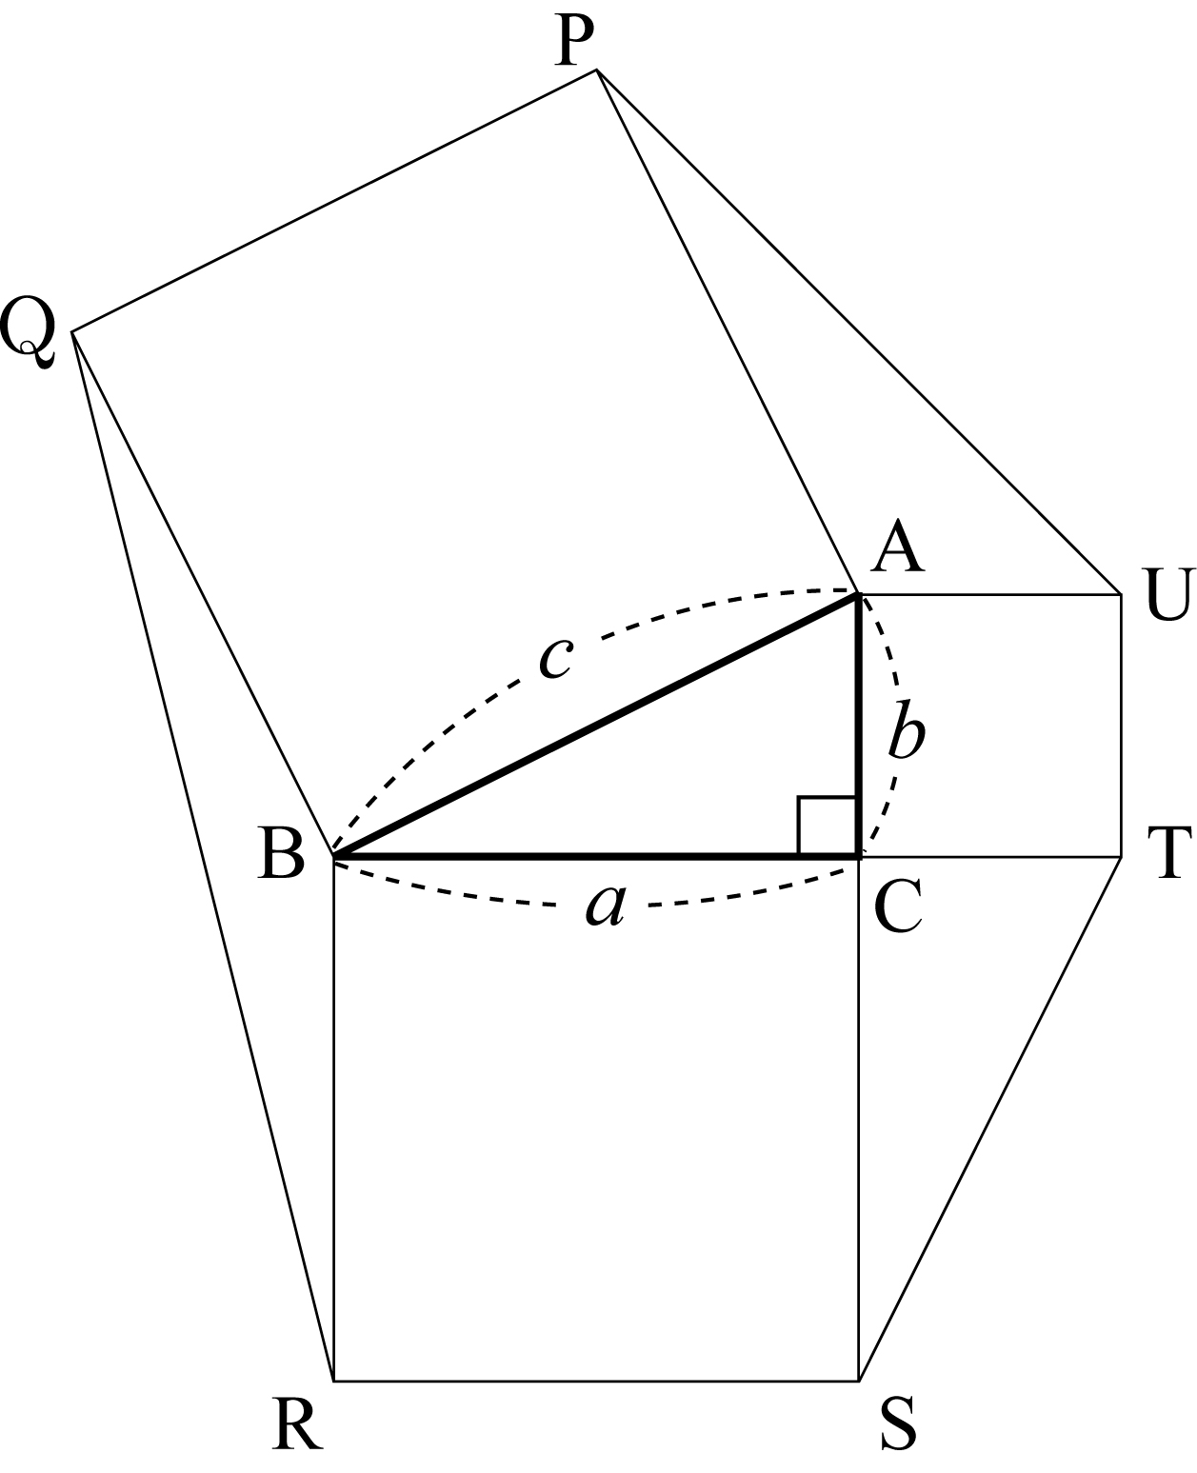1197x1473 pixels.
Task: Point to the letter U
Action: [x=1168, y=595]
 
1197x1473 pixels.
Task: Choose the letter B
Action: [x=281, y=853]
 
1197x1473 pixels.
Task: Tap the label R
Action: [x=296, y=1423]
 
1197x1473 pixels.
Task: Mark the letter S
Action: [x=898, y=1423]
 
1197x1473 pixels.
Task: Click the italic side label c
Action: [x=555, y=658]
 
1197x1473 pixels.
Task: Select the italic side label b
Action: [x=906, y=729]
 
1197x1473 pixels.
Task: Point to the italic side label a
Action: [x=606, y=905]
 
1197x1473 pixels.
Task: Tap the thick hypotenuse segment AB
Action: [x=596, y=726]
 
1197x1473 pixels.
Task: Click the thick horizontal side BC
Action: [x=596, y=858]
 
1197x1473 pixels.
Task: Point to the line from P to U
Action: [x=859, y=331]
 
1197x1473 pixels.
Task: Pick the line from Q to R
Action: [x=203, y=857]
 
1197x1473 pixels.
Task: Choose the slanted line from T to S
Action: [x=990, y=1120]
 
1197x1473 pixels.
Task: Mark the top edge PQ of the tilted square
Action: [x=334, y=201]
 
